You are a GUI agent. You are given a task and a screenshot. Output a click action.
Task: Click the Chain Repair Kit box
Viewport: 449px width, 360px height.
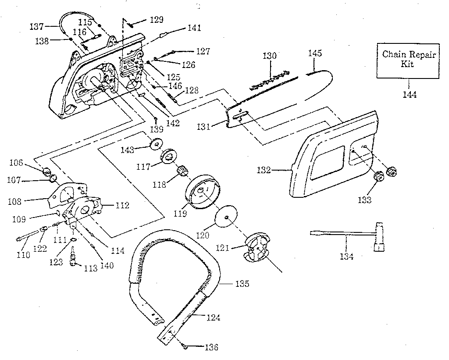coord(408,61)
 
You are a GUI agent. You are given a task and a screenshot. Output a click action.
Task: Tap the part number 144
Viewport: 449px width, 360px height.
coord(410,94)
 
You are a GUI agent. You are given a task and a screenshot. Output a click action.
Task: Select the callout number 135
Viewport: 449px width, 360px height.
coord(242,284)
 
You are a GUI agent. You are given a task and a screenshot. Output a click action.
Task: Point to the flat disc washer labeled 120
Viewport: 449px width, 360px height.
coord(226,217)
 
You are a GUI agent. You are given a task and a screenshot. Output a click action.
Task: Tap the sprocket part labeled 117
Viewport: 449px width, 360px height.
coord(169,157)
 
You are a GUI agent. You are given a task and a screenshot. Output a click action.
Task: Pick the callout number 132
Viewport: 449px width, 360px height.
coord(264,170)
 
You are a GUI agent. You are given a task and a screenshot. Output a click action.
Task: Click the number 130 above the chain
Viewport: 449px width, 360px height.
coord(270,55)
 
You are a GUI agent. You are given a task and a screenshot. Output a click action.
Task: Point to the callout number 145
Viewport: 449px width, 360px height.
coord(315,53)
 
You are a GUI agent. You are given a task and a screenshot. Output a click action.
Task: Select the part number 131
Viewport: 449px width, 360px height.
coord(203,126)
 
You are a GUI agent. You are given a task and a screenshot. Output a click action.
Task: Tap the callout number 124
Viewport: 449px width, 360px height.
coord(214,317)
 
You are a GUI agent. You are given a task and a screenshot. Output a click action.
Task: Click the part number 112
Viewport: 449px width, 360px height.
coord(122,205)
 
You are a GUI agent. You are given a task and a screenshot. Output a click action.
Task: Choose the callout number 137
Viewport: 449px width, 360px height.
coord(37,27)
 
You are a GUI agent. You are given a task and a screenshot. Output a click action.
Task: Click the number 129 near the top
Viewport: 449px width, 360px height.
coord(157,19)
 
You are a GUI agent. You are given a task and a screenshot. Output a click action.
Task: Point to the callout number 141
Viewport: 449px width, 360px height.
coord(194,28)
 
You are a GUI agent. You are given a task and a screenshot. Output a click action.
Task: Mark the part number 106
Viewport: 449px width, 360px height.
coord(16,163)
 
